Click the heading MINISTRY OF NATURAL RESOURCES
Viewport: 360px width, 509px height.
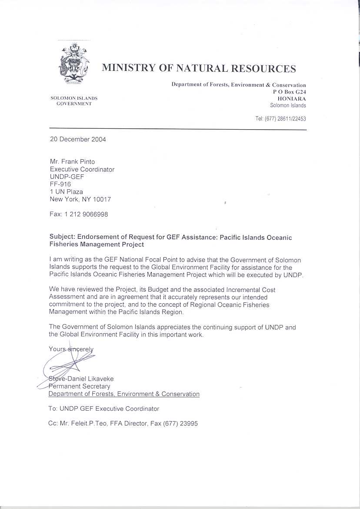pos(199,68)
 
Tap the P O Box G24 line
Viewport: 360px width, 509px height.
pos(289,92)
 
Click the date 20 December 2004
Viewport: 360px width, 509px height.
pos(77,140)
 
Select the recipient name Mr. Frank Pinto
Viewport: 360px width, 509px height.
pos(73,162)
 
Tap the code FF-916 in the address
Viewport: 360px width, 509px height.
pos(60,184)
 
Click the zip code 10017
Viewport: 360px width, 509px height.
pos(101,199)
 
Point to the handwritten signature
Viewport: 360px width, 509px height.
pos(70,365)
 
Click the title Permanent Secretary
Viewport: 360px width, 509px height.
pos(79,386)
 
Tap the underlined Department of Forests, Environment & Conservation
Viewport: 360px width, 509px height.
pos(124,394)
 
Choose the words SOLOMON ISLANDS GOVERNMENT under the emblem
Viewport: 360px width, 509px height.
pos(74,101)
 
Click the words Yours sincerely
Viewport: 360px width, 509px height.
pos(71,349)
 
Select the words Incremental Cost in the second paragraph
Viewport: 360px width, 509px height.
pos(251,290)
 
